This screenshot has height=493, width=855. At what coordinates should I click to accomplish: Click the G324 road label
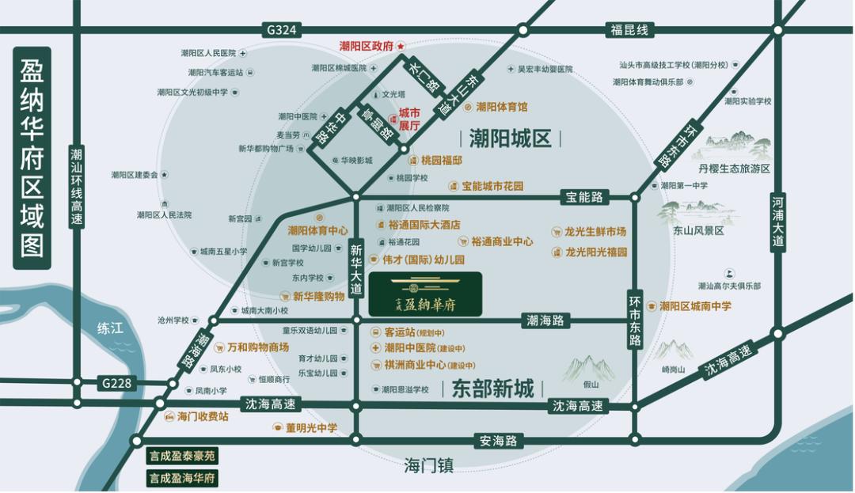(282, 30)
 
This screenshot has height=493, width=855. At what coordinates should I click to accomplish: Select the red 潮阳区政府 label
(367, 47)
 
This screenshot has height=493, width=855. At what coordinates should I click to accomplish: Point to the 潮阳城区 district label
(510, 139)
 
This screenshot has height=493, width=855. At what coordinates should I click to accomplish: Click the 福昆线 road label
(629, 30)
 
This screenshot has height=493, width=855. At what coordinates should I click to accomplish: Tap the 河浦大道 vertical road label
(778, 222)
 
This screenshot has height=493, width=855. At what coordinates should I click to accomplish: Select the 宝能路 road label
(583, 195)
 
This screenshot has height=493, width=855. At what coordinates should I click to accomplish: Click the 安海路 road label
(498, 440)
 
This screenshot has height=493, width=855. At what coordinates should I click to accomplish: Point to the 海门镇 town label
(428, 465)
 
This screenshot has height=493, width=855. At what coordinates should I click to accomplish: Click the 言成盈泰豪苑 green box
(182, 457)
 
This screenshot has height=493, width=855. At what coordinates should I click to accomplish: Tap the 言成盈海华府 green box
(182, 478)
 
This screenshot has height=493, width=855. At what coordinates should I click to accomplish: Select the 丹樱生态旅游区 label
(734, 169)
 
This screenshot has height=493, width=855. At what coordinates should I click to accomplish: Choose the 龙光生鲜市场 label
(595, 232)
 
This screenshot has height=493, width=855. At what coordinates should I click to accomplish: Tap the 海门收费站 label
(202, 416)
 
